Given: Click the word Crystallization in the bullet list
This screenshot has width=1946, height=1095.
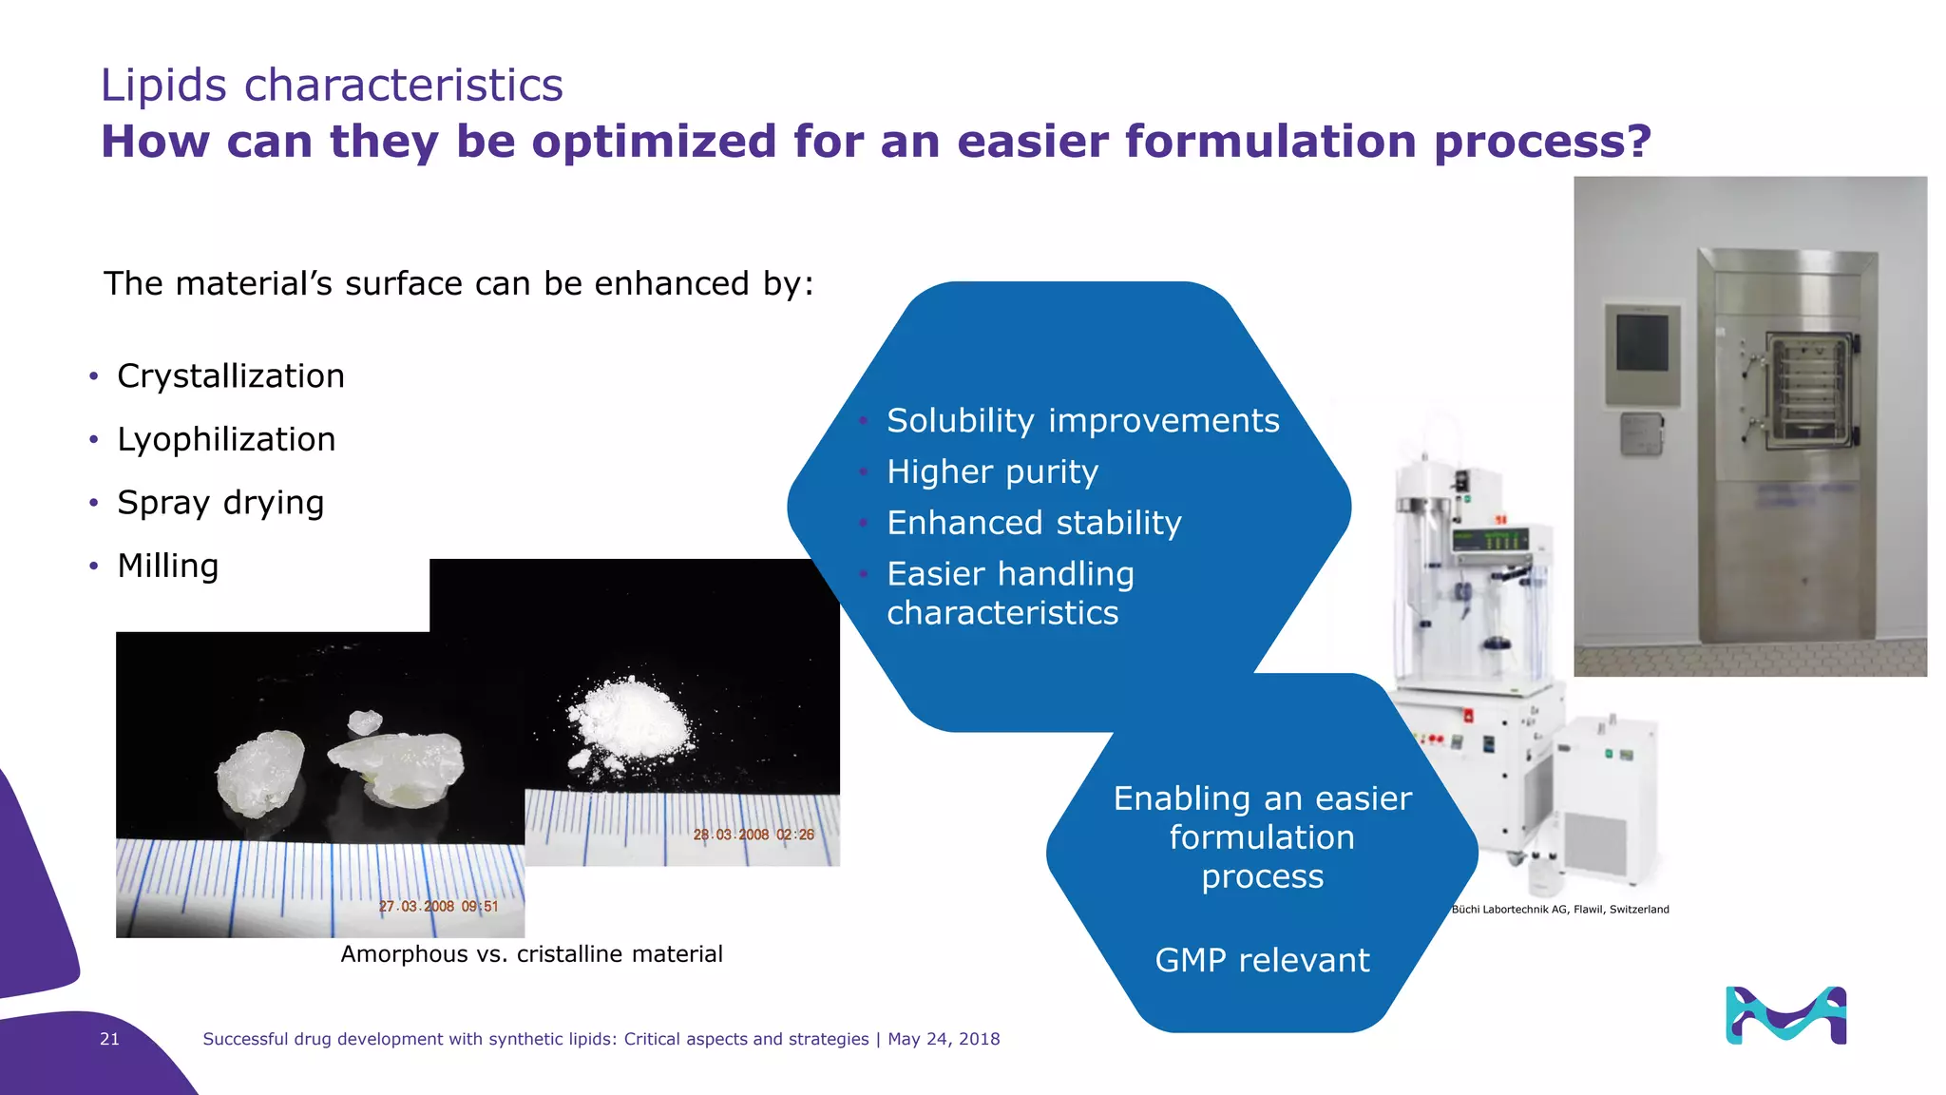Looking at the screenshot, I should point(230,376).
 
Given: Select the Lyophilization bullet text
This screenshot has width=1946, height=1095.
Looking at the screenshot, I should point(226,440).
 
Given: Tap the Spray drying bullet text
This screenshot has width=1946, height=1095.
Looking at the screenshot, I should point(220,503).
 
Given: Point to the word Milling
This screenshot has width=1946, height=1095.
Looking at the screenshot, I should point(168,567).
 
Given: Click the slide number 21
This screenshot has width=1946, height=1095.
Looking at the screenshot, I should point(109,1039).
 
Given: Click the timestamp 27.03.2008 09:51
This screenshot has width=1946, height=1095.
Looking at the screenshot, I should point(438,907).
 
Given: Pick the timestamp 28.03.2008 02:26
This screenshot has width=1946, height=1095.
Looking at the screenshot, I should point(754,835).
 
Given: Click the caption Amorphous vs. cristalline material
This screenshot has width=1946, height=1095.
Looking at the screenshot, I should point(531,954).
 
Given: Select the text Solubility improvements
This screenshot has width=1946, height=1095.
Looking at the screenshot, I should point(1082,421).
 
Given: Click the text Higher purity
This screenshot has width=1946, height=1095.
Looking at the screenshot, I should point(992,472).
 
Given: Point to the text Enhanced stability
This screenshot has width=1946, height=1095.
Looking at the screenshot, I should point(1034,523).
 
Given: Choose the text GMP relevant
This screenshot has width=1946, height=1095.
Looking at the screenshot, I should point(1262,960).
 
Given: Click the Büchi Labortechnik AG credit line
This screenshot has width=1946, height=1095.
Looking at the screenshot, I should point(1559,910).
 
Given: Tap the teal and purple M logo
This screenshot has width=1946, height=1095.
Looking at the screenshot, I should point(1785,1015).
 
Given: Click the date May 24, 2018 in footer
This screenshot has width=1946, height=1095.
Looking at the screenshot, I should point(944,1039).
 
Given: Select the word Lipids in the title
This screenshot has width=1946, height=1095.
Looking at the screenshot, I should point(163,86).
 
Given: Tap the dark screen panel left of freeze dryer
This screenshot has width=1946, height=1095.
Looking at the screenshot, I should point(1642,344).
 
